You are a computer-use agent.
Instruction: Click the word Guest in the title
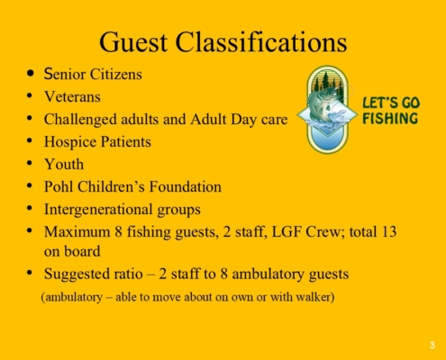[133, 42]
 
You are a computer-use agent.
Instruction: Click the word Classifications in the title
[261, 41]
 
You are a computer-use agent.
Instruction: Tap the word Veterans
[72, 97]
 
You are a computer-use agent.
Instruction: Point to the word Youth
[64, 165]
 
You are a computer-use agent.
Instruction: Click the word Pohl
[59, 186]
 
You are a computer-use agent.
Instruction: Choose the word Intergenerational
[98, 210]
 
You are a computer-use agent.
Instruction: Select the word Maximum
[77, 232]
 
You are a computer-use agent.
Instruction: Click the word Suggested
[77, 274]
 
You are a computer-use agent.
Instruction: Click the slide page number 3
[432, 345]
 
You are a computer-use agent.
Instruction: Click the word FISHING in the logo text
[390, 119]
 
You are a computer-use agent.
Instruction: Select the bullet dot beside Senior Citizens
[30, 74]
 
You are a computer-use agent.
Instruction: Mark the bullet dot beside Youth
[30, 164]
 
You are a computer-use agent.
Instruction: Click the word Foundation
[186, 186]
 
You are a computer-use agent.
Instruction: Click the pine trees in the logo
[327, 81]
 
